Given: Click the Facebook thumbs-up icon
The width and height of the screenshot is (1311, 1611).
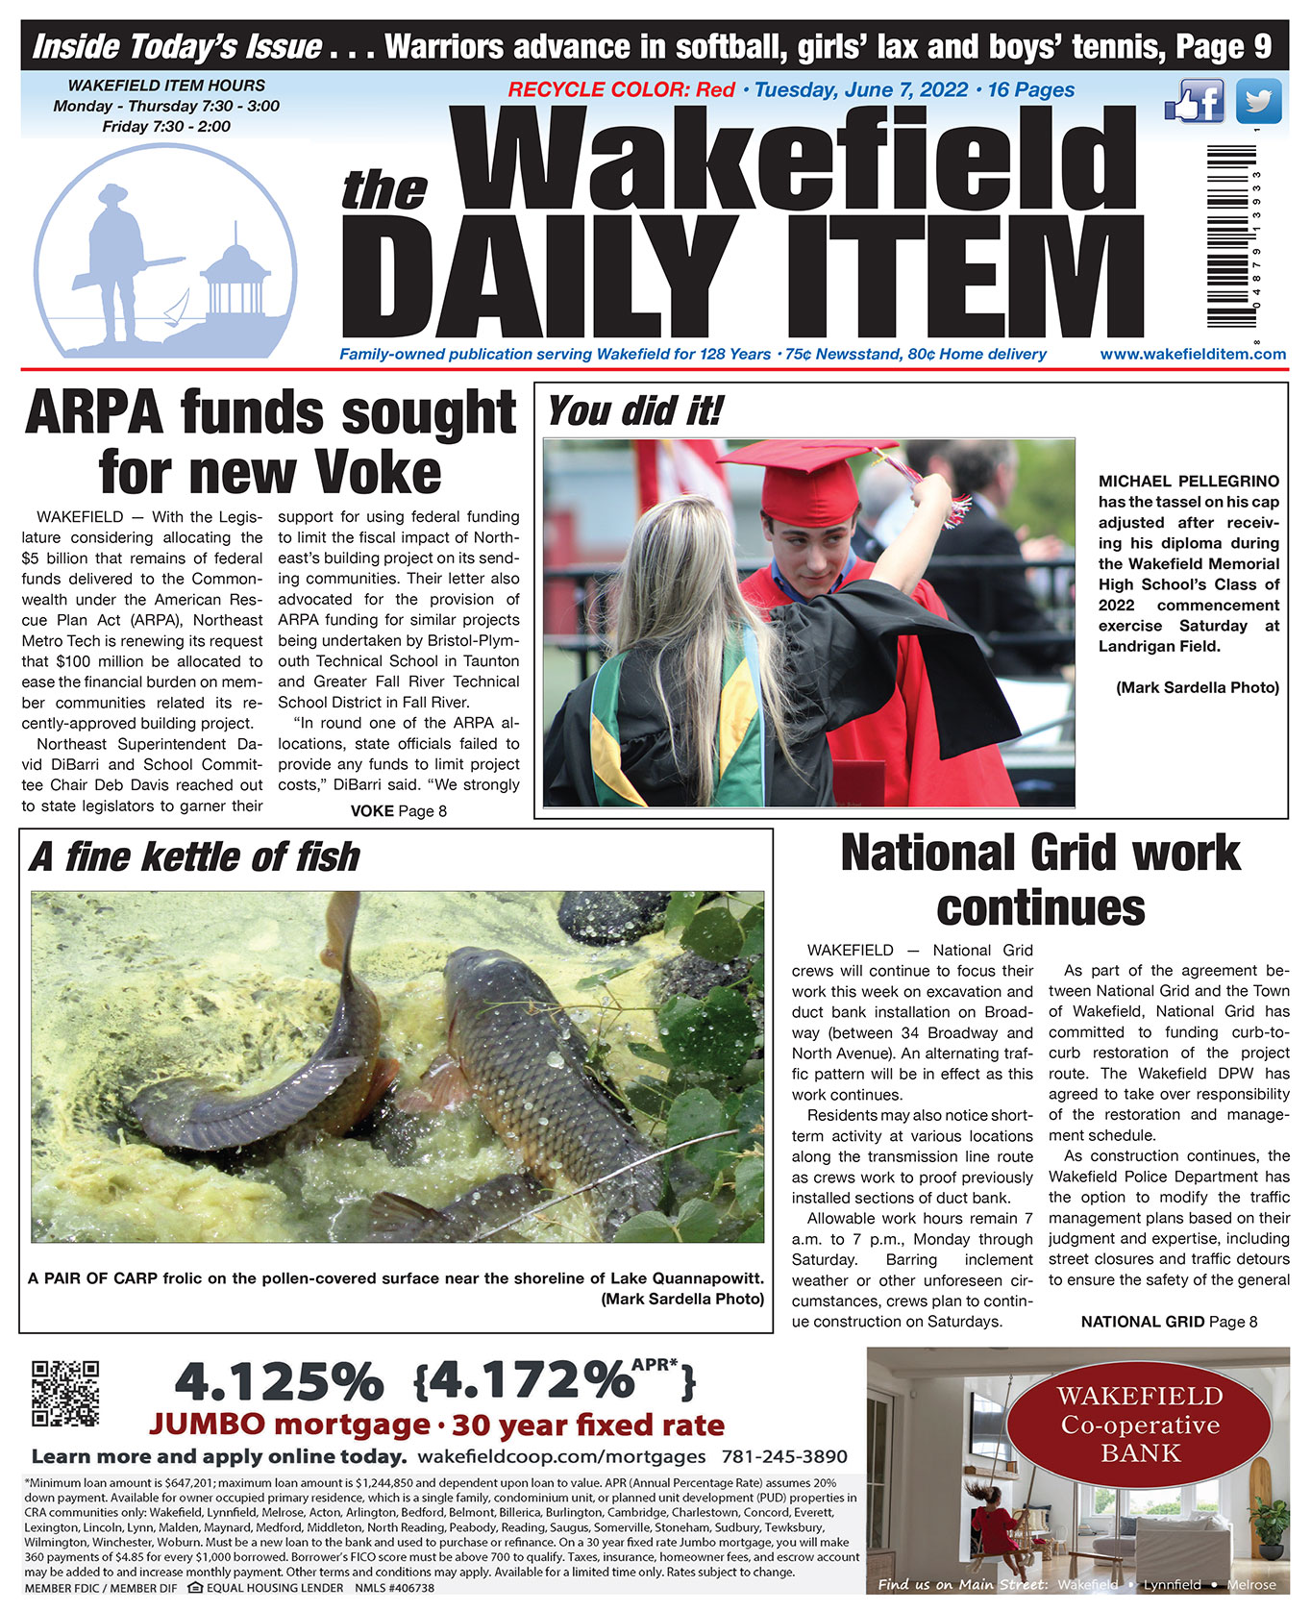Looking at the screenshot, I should pyautogui.click(x=1194, y=101).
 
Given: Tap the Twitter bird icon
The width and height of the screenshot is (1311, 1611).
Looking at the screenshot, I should pyautogui.click(x=1258, y=101).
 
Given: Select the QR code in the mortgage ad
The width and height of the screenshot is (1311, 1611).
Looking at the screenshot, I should pyautogui.click(x=65, y=1392).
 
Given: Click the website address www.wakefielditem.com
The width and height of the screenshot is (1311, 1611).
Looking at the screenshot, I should pyautogui.click(x=1193, y=354).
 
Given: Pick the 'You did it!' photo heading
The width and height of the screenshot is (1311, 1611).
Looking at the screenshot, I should pyautogui.click(x=634, y=411).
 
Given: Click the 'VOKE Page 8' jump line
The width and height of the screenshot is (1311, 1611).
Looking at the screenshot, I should pyautogui.click(x=398, y=810).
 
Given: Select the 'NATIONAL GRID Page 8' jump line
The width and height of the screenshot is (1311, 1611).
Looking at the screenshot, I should pyautogui.click(x=1169, y=1322).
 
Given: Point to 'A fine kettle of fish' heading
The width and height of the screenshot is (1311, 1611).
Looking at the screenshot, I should pyautogui.click(x=194, y=856).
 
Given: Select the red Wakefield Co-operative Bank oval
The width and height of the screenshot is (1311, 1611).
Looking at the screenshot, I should pyautogui.click(x=1139, y=1424).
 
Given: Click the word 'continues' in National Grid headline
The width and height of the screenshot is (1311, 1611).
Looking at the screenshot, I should pyautogui.click(x=1040, y=908).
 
